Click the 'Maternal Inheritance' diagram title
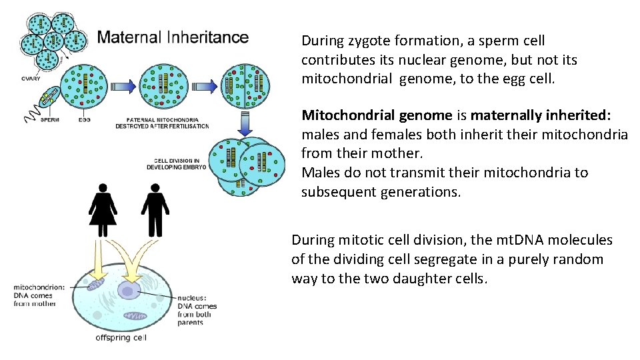173,37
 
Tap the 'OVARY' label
30,79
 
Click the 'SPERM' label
49,121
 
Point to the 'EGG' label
84,121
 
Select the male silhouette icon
155,207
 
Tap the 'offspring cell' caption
121,337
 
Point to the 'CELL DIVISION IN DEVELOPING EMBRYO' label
177,163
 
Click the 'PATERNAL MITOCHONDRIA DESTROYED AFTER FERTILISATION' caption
162,123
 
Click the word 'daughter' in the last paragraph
421,279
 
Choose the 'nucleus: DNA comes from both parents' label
197,311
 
